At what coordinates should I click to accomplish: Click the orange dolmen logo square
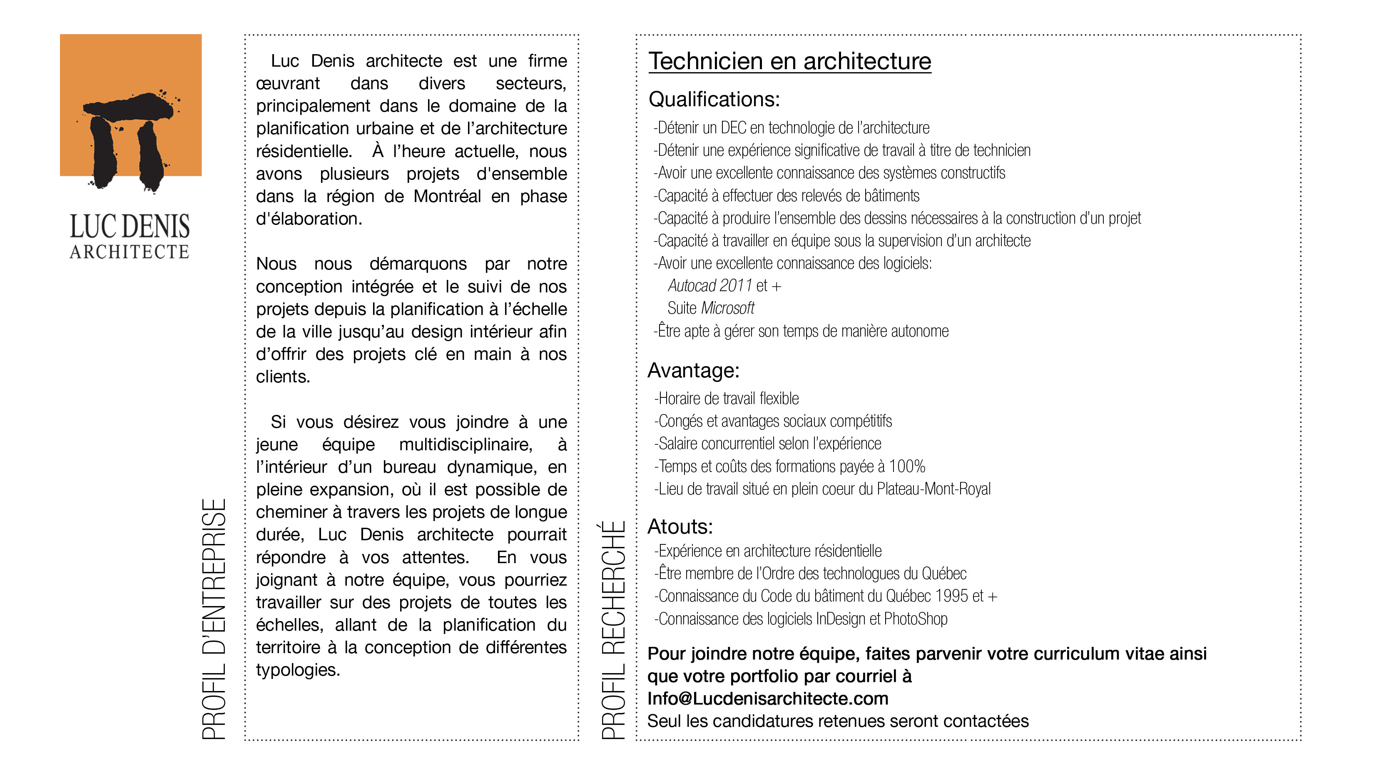(131, 105)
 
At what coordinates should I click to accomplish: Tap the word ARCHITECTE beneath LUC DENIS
(129, 252)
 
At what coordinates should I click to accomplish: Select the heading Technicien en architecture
(789, 61)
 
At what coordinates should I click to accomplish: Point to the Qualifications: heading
(714, 99)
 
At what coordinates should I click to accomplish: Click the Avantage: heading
(693, 370)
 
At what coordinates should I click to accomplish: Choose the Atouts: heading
(680, 527)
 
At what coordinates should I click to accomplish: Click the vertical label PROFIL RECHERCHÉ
(613, 630)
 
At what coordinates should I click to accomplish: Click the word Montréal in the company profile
(447, 196)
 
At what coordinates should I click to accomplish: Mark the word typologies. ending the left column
(298, 670)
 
